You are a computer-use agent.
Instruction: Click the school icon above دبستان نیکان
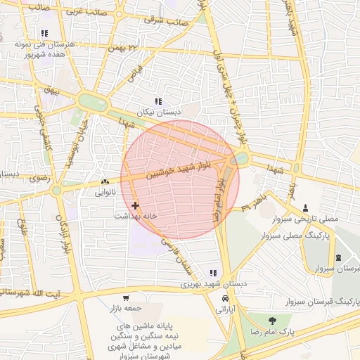coord(158,101)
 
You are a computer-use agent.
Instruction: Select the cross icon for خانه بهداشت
coord(135,205)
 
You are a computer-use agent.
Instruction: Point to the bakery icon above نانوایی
coord(105,181)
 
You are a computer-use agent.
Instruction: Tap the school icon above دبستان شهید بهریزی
coord(214,273)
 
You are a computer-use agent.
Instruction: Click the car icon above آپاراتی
coord(224,298)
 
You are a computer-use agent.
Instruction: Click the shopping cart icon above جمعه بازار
coord(126,298)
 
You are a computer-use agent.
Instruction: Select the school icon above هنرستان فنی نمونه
coord(44,33)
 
